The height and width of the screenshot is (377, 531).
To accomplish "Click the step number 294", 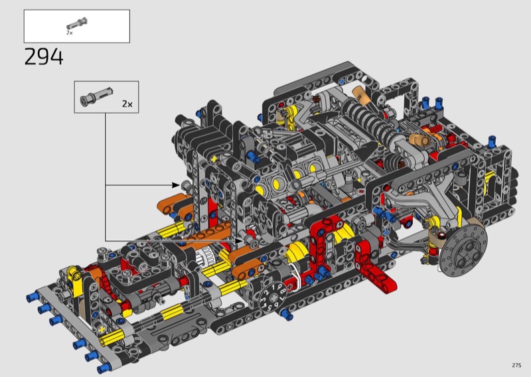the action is pos(44,57).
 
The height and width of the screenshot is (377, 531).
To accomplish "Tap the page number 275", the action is pos(516,365).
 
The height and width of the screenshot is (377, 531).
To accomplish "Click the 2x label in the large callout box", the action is pos(127,104).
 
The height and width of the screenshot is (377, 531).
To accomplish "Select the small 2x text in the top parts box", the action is pos(70,33).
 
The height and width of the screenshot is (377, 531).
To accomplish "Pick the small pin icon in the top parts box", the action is pos(77,24).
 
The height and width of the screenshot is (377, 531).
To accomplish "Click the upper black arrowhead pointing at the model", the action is pos(175,185).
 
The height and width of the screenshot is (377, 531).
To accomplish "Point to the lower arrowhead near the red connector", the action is pos(239,240).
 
